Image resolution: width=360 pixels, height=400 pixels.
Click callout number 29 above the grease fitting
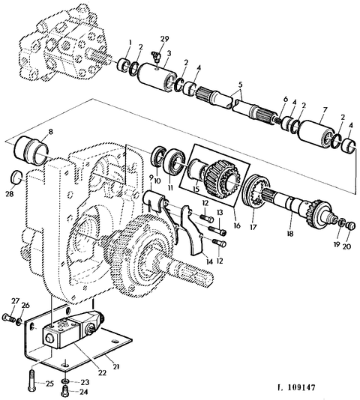point(165,39)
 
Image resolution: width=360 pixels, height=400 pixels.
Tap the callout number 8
point(51,132)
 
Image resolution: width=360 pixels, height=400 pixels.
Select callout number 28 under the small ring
point(10,194)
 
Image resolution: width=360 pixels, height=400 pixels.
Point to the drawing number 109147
point(301,388)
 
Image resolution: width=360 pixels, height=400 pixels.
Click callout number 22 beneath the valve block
point(102,373)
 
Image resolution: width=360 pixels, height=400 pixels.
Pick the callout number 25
point(49,384)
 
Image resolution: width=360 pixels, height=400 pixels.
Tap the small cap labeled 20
point(351,225)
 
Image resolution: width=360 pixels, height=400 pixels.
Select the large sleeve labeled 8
point(30,150)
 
